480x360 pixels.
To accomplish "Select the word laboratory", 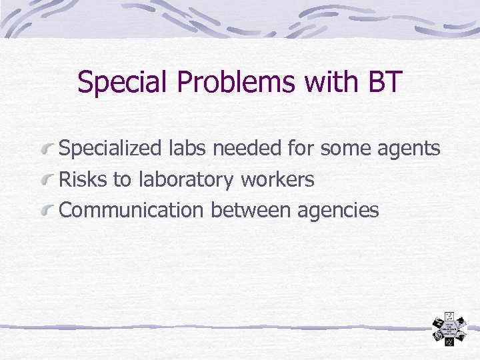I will [186, 180].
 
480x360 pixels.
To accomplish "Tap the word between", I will [251, 210].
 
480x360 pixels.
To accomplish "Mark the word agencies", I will [338, 211].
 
